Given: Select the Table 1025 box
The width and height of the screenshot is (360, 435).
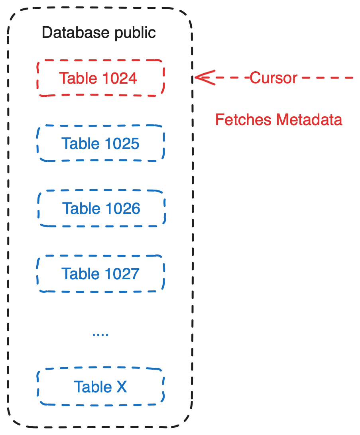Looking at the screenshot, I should point(100,143).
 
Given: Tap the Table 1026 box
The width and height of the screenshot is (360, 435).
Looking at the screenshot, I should point(101,209).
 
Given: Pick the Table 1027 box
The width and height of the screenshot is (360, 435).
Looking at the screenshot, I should point(100,274).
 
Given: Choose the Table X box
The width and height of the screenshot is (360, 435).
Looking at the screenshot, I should point(100,387).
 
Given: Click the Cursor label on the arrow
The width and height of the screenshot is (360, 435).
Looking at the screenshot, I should point(273,78).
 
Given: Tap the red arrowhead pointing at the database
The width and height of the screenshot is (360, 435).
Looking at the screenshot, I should point(203,77).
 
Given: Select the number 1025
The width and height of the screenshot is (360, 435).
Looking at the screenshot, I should point(121,143).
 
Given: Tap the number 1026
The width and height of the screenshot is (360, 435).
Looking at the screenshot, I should point(122,209).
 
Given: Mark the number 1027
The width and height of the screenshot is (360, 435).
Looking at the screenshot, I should point(121,274).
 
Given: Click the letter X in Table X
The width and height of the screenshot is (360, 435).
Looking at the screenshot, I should point(121,387).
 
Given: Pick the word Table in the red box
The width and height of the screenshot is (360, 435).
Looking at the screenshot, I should point(78,78).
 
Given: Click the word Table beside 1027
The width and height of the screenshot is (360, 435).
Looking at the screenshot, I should point(80,274).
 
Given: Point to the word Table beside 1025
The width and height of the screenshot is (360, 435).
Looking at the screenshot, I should point(80,143).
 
